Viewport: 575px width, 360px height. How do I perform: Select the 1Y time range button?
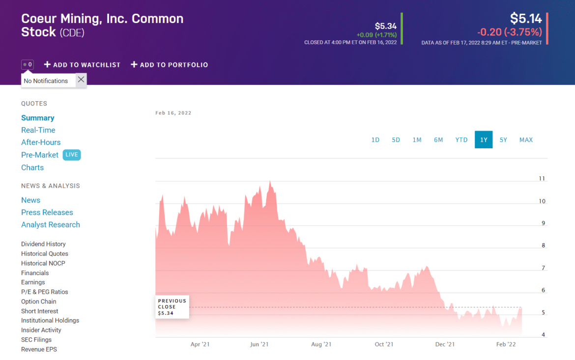484,140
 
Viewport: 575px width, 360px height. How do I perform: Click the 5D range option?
396,140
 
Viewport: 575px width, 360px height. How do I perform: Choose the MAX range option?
526,140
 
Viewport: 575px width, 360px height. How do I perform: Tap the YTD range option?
461,140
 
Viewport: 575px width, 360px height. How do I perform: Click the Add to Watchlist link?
82,65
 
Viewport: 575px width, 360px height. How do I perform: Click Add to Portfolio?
170,65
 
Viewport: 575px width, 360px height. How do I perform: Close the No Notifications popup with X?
81,80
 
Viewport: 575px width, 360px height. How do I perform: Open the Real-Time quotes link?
38,130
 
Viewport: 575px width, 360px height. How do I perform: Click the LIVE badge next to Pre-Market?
72,155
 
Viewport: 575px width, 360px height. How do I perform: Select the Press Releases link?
47,212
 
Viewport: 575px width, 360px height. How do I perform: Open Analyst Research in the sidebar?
50,224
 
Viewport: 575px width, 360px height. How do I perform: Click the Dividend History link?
43,244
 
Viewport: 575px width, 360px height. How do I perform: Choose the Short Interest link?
39,311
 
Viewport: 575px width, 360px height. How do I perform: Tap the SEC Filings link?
36,339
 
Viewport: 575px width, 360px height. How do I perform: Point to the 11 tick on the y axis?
542,179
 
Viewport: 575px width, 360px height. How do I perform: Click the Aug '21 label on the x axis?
321,344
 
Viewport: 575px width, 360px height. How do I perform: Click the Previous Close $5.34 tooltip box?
172,307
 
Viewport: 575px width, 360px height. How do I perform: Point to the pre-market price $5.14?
526,19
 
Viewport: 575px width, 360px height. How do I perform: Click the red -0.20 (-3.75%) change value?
509,32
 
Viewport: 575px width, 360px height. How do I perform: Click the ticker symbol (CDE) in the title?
72,33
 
